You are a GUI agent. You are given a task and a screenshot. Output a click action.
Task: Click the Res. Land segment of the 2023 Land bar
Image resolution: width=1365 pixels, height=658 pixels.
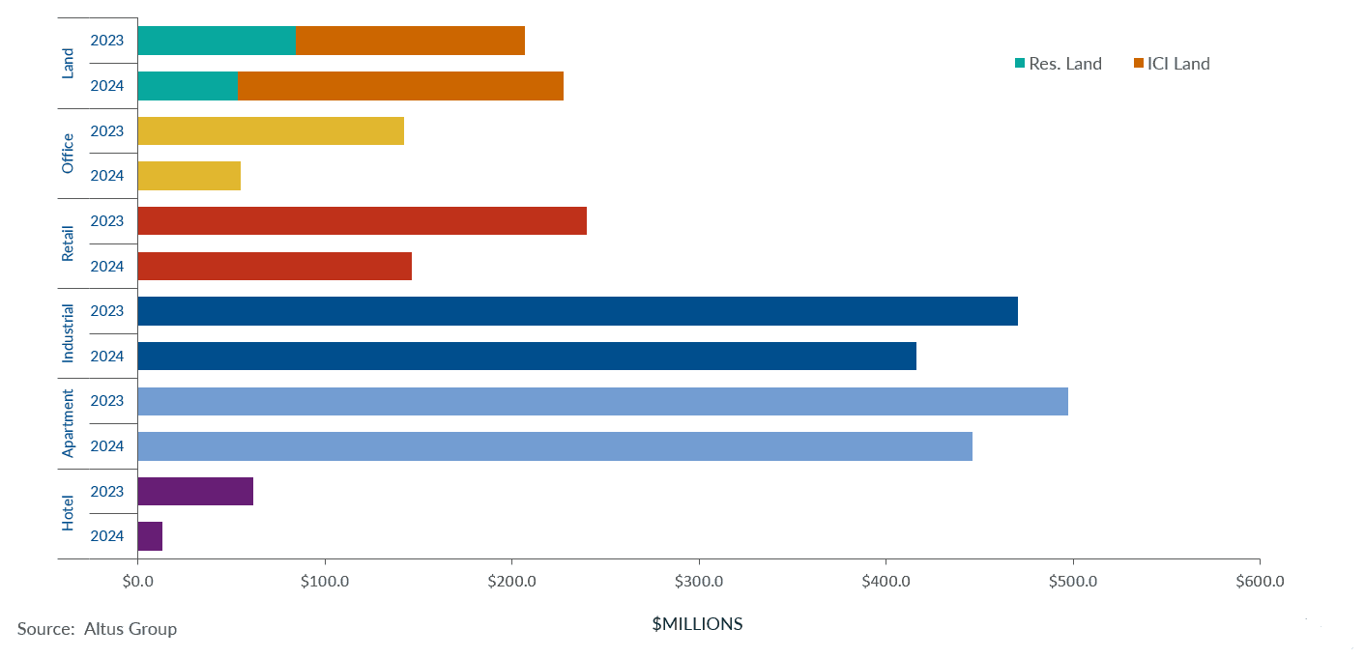click(x=217, y=41)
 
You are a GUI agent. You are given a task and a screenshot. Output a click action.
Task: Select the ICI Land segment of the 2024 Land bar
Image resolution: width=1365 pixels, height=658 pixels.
click(x=400, y=86)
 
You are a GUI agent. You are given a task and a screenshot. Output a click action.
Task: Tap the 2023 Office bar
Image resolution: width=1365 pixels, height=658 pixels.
click(x=271, y=130)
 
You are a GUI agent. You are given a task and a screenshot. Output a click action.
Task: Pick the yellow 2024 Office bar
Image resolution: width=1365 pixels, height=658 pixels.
click(x=189, y=176)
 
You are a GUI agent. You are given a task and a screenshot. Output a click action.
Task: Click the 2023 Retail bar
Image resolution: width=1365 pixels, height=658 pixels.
click(x=363, y=220)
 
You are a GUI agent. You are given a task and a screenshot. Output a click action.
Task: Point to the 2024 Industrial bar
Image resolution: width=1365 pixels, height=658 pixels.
click(x=527, y=356)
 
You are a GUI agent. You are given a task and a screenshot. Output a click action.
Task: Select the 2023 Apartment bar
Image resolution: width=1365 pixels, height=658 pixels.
click(x=603, y=401)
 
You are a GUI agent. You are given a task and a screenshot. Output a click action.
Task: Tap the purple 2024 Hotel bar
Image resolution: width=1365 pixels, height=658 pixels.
click(x=151, y=536)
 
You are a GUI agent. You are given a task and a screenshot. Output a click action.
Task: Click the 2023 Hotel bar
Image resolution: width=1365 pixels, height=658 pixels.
click(x=195, y=491)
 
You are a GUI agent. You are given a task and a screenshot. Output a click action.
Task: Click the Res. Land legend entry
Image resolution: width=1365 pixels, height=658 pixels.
click(x=1059, y=64)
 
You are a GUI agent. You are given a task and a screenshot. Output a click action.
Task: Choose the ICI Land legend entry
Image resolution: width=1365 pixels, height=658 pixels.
click(x=1172, y=64)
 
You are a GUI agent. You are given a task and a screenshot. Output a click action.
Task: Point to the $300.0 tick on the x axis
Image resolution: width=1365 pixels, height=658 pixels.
click(x=699, y=582)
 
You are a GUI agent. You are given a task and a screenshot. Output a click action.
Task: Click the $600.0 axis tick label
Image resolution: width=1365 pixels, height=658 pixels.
click(x=1260, y=582)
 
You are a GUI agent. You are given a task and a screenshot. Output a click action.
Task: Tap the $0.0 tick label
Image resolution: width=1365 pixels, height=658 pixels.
click(x=138, y=582)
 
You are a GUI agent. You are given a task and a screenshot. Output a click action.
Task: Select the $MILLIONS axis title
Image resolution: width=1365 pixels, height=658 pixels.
click(x=697, y=624)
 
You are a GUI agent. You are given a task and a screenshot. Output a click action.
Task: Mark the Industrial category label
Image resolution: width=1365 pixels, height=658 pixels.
click(x=68, y=333)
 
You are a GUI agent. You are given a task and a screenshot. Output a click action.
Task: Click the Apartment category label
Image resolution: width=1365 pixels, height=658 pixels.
click(x=68, y=423)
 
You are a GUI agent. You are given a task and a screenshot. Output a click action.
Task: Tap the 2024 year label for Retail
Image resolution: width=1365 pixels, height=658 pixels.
click(x=107, y=266)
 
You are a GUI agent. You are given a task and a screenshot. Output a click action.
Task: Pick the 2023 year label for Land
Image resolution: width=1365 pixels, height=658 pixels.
click(x=107, y=41)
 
